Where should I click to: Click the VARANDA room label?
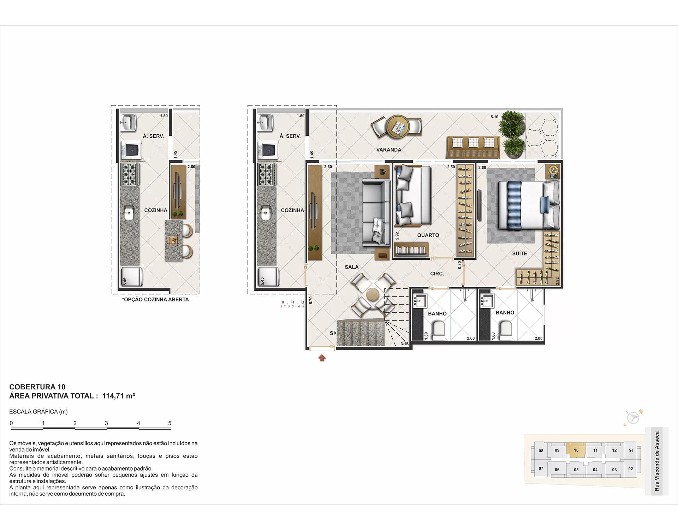coord(388,150)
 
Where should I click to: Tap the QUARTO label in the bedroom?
coord(428,235)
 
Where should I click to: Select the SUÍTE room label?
coord(519,253)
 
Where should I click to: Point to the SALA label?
coord(352,267)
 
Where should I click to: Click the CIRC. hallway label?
coord(437,274)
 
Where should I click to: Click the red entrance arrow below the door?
coord(322,358)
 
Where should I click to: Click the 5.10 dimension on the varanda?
coord(494,117)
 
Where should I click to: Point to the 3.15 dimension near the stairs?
coord(404,344)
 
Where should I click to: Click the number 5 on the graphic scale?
coord(170,423)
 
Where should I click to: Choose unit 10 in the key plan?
coord(576,450)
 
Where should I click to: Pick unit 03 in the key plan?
coord(614,470)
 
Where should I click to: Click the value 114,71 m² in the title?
coord(119,396)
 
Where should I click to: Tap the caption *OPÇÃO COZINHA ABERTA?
coord(155,300)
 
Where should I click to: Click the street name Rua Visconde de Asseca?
coord(657,461)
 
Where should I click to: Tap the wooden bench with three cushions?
coord(473,147)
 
